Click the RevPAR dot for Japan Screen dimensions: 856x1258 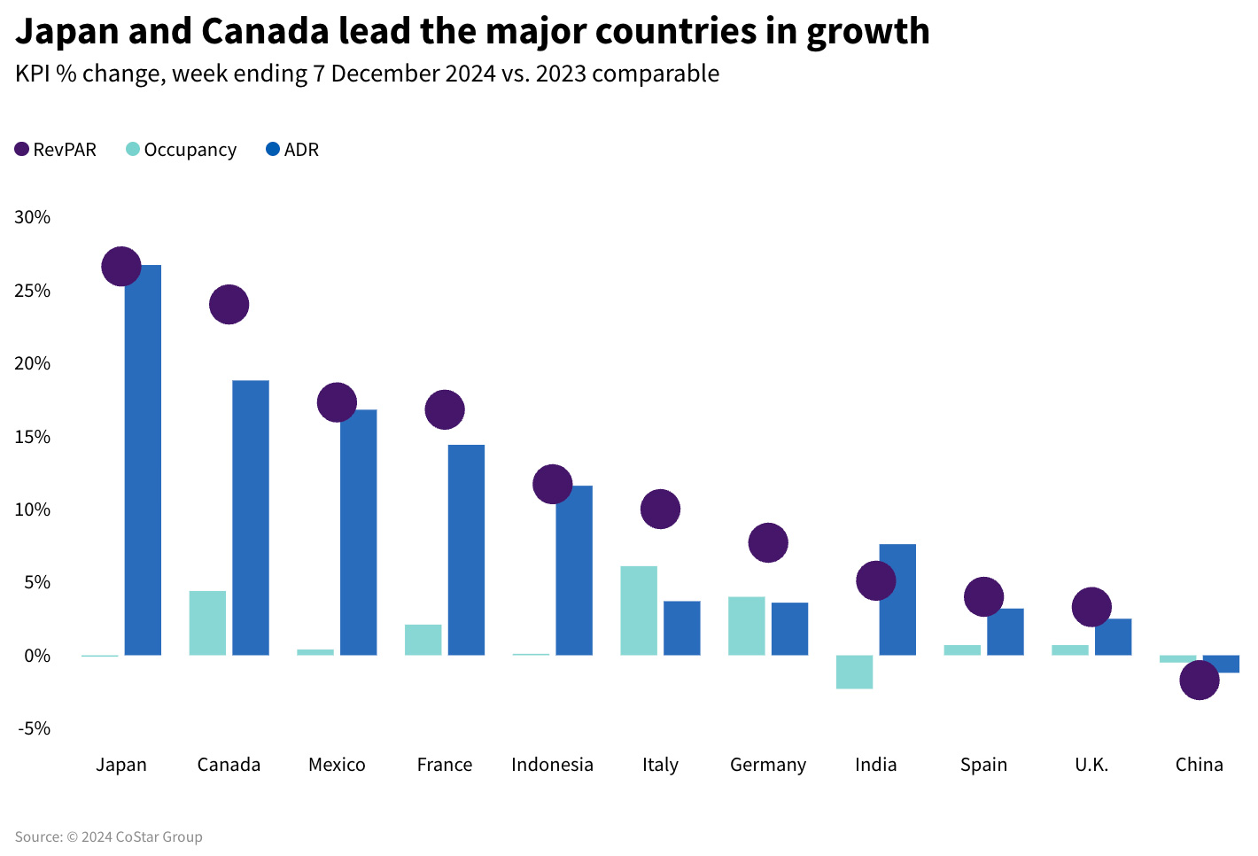click(x=121, y=266)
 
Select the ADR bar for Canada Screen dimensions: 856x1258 click(x=251, y=517)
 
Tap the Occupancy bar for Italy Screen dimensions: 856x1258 click(x=639, y=611)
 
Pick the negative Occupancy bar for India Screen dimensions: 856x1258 click(x=854, y=672)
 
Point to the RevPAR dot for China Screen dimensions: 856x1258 click(x=1200, y=680)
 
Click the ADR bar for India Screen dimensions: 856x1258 click(x=897, y=600)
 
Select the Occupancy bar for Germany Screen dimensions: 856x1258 click(x=746, y=626)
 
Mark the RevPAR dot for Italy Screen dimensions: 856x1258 click(x=660, y=509)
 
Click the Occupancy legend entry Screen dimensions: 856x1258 click(x=182, y=150)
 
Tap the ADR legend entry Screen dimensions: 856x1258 click(x=293, y=150)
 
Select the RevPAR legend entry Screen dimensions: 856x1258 click(x=56, y=150)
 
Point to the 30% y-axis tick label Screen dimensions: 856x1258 click(x=33, y=217)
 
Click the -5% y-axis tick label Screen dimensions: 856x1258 click(x=34, y=728)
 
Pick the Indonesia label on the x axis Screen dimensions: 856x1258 click(x=552, y=765)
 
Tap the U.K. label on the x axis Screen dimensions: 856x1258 click(x=1091, y=765)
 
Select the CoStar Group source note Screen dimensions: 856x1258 click(x=108, y=837)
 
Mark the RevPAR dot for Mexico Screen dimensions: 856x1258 click(x=337, y=402)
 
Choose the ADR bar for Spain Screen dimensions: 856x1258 click(x=1006, y=632)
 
